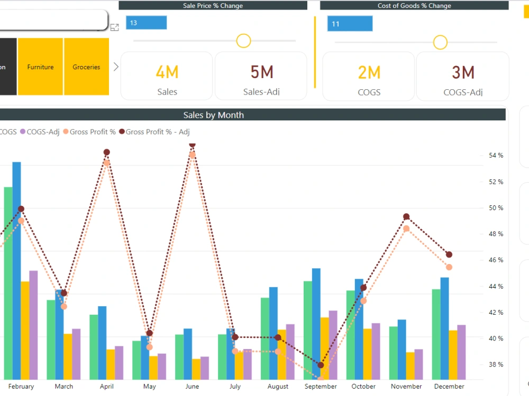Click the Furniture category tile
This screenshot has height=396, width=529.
pyautogui.click(x=41, y=67)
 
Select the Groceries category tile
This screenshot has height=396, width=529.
pyautogui.click(x=86, y=67)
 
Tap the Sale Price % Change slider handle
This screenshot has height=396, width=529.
pyautogui.click(x=243, y=41)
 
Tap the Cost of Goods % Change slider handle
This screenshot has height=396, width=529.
pyautogui.click(x=440, y=42)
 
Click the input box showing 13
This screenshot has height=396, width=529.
pyautogui.click(x=146, y=23)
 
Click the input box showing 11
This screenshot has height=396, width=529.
pyautogui.click(x=349, y=24)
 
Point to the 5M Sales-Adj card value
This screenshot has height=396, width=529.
pyautogui.click(x=261, y=72)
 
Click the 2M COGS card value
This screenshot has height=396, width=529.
pyautogui.click(x=369, y=72)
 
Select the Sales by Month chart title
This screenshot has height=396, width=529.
pyautogui.click(x=213, y=115)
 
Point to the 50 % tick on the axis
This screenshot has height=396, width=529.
pyautogui.click(x=496, y=208)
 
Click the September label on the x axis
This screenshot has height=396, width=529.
pyautogui.click(x=321, y=386)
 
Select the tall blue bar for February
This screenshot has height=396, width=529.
pyautogui.click(x=17, y=269)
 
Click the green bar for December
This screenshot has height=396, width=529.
pyautogui.click(x=436, y=334)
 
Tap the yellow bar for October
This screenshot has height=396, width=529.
pyautogui.click(x=367, y=353)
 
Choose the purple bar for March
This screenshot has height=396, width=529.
pyautogui.click(x=76, y=353)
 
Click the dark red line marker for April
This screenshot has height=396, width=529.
pyautogui.click(x=107, y=152)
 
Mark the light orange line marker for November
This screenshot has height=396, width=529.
pyautogui.click(x=406, y=229)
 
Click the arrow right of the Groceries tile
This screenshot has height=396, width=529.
pyautogui.click(x=116, y=67)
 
